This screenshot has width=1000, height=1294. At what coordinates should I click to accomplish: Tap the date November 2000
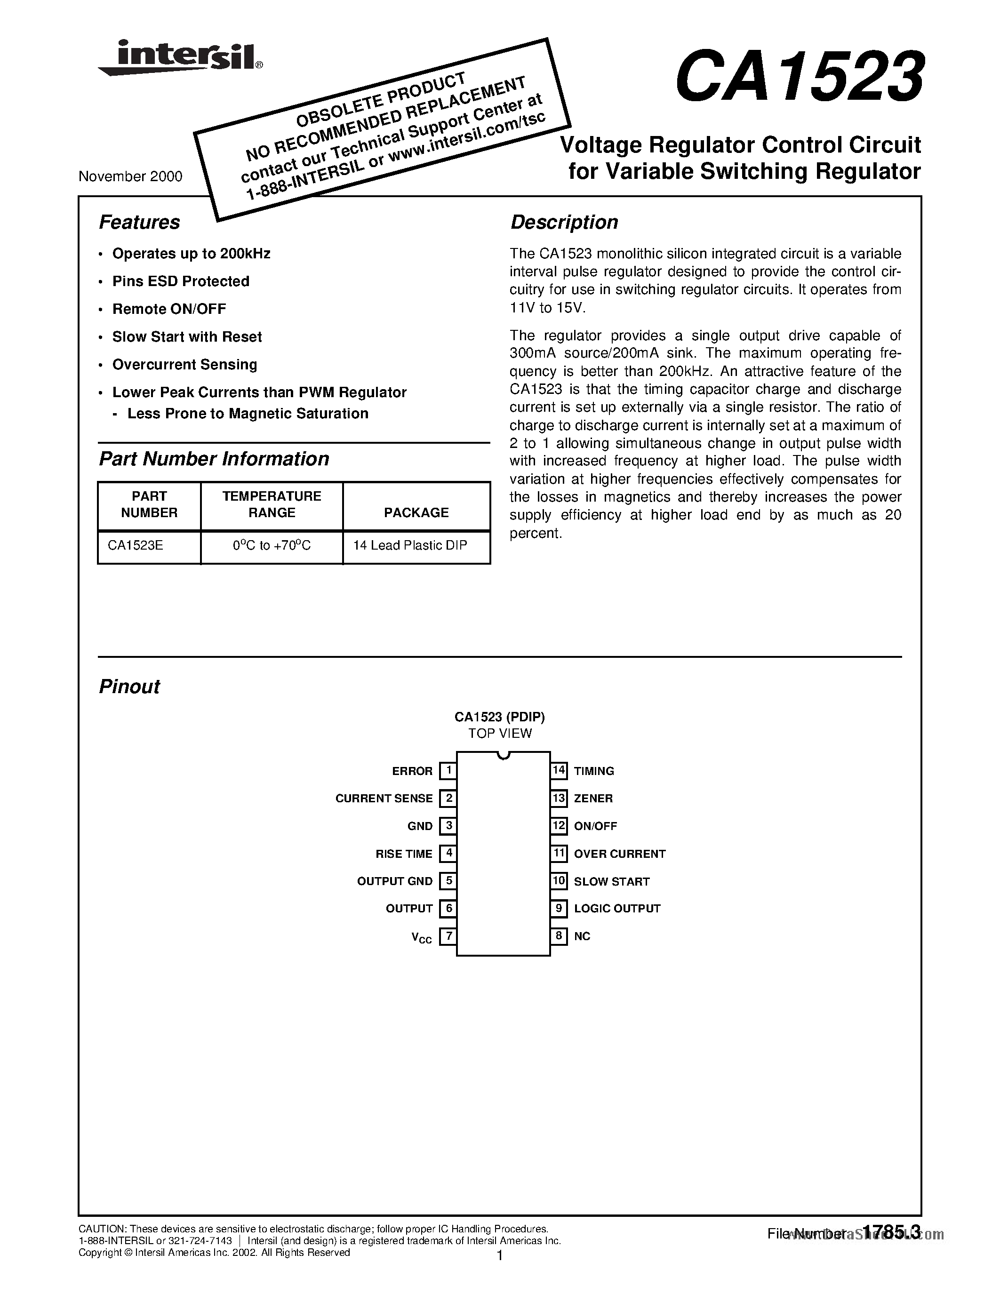pos(130,176)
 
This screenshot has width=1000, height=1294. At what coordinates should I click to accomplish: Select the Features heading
pos(139,222)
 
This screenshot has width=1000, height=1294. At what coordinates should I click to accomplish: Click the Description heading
pos(564,222)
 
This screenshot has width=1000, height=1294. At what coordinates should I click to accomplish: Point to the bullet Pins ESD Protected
pos(181,281)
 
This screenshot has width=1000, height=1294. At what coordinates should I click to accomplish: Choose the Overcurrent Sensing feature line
pos(184,364)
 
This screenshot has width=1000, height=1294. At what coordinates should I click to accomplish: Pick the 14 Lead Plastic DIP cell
pos(410,545)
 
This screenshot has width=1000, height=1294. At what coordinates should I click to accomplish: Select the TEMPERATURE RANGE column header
pos(272,504)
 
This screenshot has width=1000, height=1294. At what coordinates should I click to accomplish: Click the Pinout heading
pos(129,687)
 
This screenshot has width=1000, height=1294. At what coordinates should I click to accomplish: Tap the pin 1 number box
pos(448,771)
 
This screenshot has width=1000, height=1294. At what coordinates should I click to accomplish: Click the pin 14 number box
pos(559,771)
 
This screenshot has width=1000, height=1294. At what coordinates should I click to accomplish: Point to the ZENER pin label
pos(593,799)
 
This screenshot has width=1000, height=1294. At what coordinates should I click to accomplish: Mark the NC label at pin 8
pos(582,936)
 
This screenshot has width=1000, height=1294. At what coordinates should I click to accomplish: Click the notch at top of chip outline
pos(503,755)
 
